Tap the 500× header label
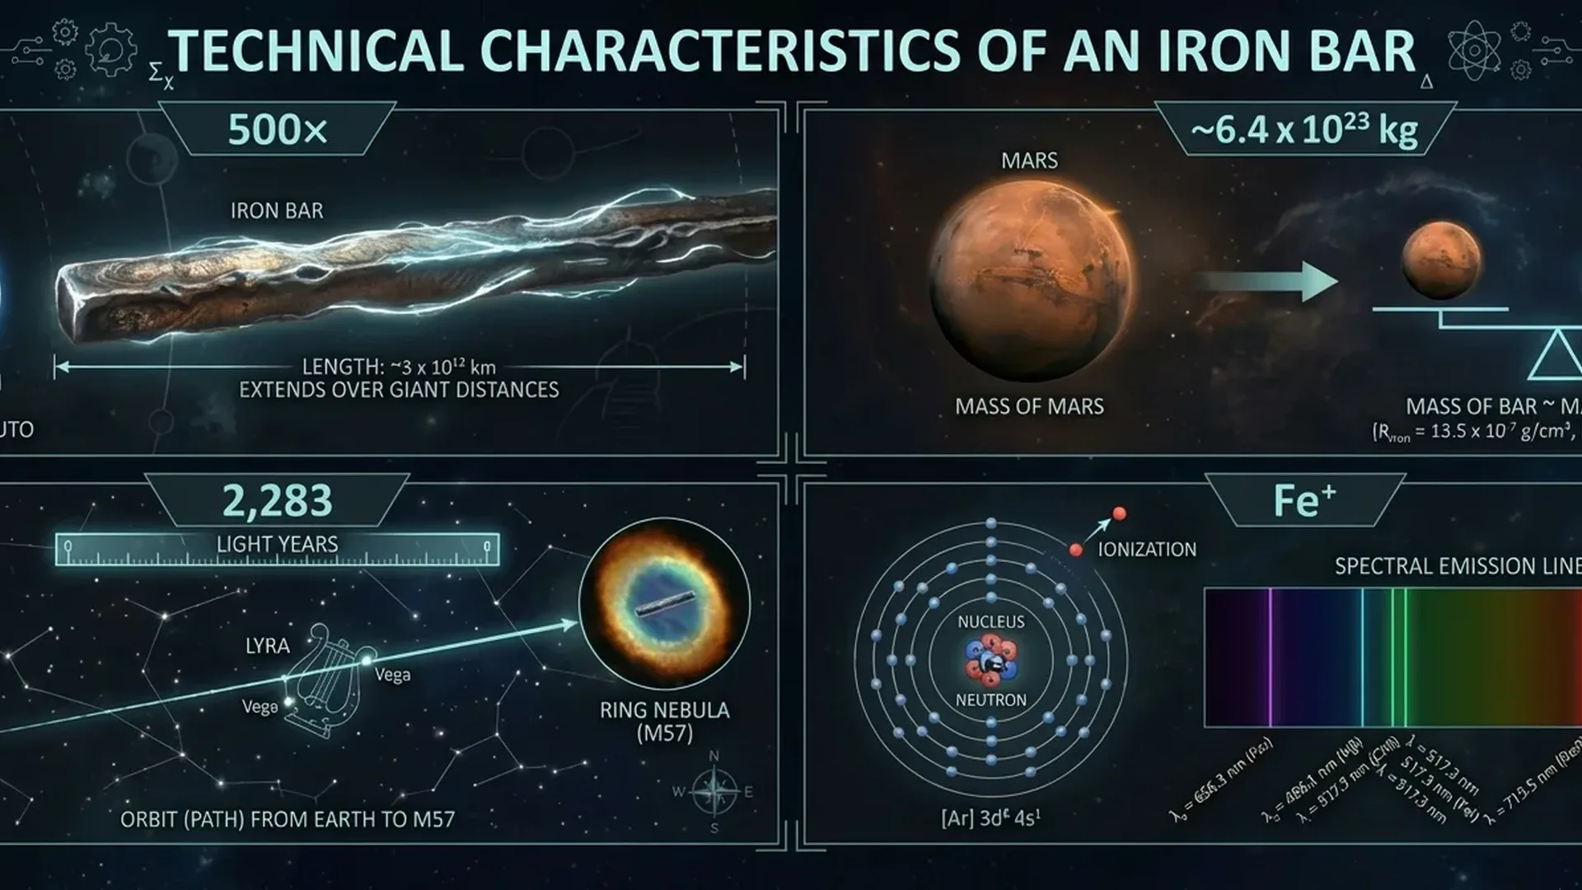coord(278,130)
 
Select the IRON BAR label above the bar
coord(277,211)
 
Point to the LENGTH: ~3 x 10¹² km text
coord(399,367)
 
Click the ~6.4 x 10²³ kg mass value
coord(1304,129)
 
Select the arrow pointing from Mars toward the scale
coord(1270,283)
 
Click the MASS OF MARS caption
coord(1029,406)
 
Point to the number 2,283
coord(278,500)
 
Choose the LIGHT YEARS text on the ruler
coord(277,545)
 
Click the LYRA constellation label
coord(267,645)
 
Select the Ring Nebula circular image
coord(664,603)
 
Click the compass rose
coord(714,792)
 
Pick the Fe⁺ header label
coord(1304,500)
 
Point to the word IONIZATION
coord(1147,550)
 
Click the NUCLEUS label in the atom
coord(990,621)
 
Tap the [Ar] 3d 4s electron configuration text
coord(990,818)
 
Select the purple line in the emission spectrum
coord(1270,657)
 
